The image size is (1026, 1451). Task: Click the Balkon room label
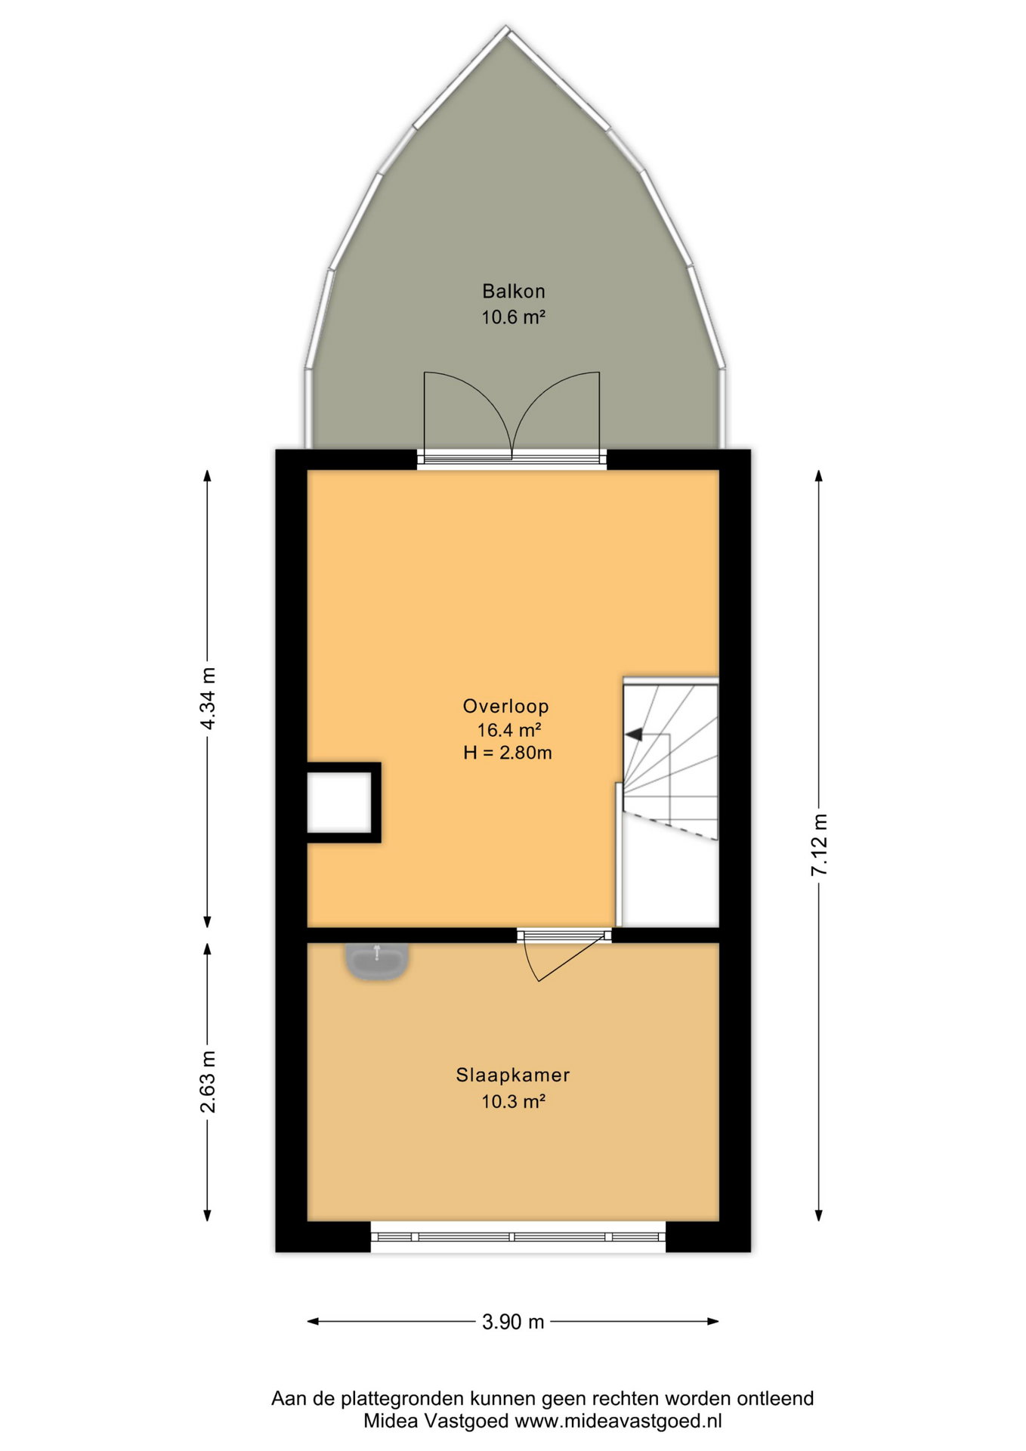[x=514, y=291]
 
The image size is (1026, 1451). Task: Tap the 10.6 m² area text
[x=514, y=317]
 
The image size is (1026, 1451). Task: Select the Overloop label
[x=505, y=707]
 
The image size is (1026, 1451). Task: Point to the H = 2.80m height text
[x=508, y=753]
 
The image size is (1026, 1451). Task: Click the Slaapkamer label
[x=513, y=1075]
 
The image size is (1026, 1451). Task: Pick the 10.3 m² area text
[x=514, y=1101]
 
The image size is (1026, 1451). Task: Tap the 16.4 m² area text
[x=509, y=730]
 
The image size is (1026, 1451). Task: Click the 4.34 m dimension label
[x=208, y=698]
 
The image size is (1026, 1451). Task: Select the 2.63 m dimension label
[x=208, y=1081]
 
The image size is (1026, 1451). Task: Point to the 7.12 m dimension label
[x=819, y=845]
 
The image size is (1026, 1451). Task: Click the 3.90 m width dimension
[x=513, y=1322]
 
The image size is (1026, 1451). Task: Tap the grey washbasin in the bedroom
[x=378, y=962]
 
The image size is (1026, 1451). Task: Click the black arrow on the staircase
[x=633, y=734]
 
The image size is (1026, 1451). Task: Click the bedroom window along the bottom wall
[x=518, y=1237]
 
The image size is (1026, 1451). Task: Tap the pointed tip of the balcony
[x=508, y=29]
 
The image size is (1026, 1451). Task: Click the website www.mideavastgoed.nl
[x=618, y=1421]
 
